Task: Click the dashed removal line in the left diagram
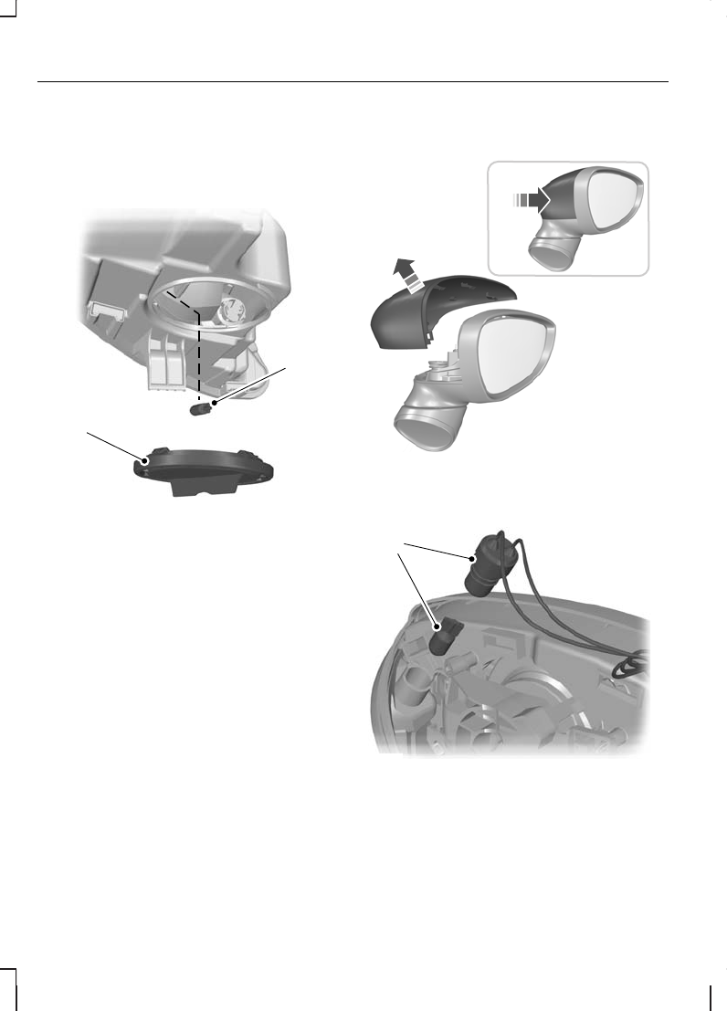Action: [198, 356]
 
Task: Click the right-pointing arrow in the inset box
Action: [532, 197]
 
